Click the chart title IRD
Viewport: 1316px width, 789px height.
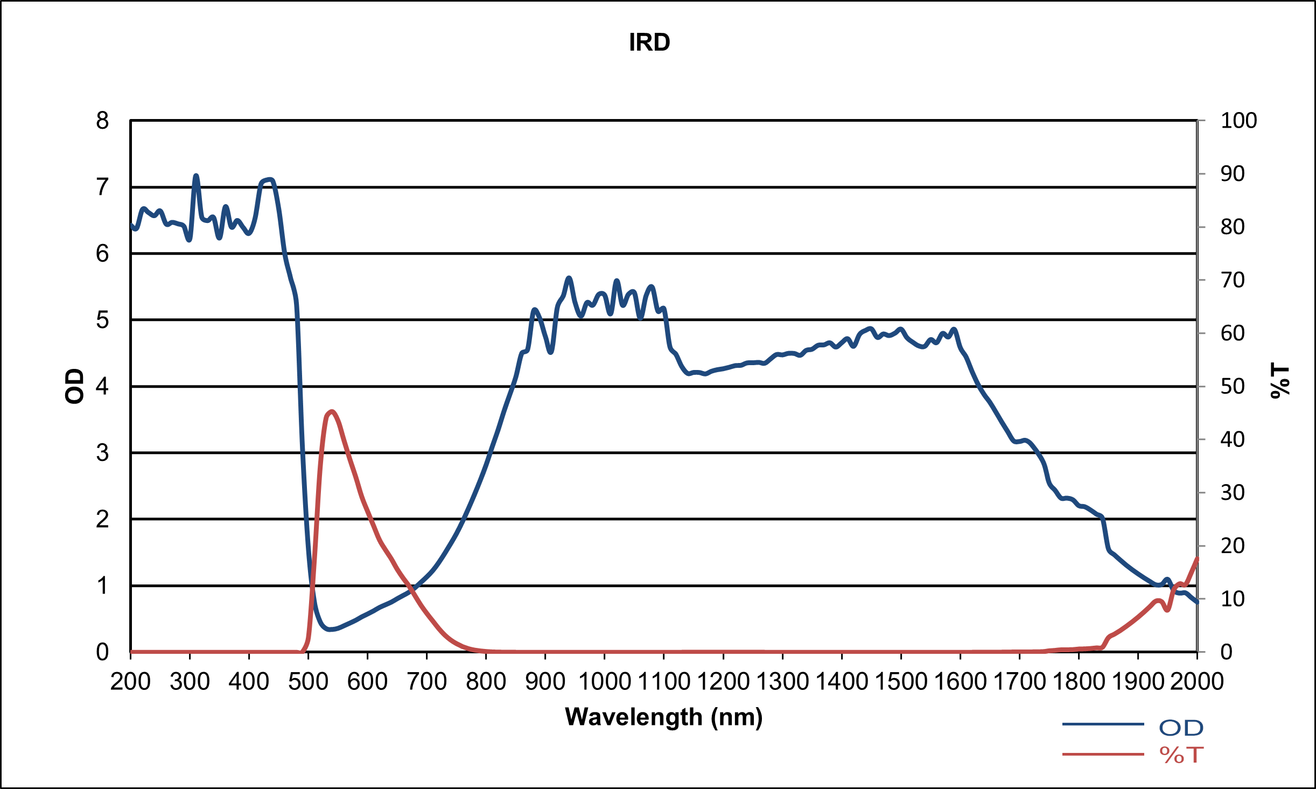coord(649,43)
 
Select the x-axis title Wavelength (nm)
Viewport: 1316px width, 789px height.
coord(663,717)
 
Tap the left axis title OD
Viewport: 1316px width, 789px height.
coord(75,386)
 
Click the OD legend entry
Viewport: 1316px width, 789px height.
coord(1181,728)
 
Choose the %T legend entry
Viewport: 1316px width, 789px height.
coord(1181,755)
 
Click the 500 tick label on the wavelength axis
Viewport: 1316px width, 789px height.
coord(308,682)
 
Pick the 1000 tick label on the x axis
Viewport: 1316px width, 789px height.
coord(604,682)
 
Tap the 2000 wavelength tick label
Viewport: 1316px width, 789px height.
coord(1196,682)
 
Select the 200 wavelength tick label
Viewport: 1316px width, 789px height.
coord(130,682)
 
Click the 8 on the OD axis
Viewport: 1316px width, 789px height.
coord(102,121)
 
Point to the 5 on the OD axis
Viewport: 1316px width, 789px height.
coord(102,320)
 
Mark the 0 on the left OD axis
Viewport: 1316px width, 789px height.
coord(102,652)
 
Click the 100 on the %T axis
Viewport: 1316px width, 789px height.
coord(1238,121)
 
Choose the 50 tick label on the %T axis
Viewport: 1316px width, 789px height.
coord(1233,386)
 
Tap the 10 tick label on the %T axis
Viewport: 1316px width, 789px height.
coord(1233,599)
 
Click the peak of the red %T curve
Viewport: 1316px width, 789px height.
coord(331,411)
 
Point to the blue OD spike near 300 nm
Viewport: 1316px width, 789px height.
coord(196,176)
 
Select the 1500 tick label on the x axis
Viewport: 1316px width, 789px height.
coord(900,682)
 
